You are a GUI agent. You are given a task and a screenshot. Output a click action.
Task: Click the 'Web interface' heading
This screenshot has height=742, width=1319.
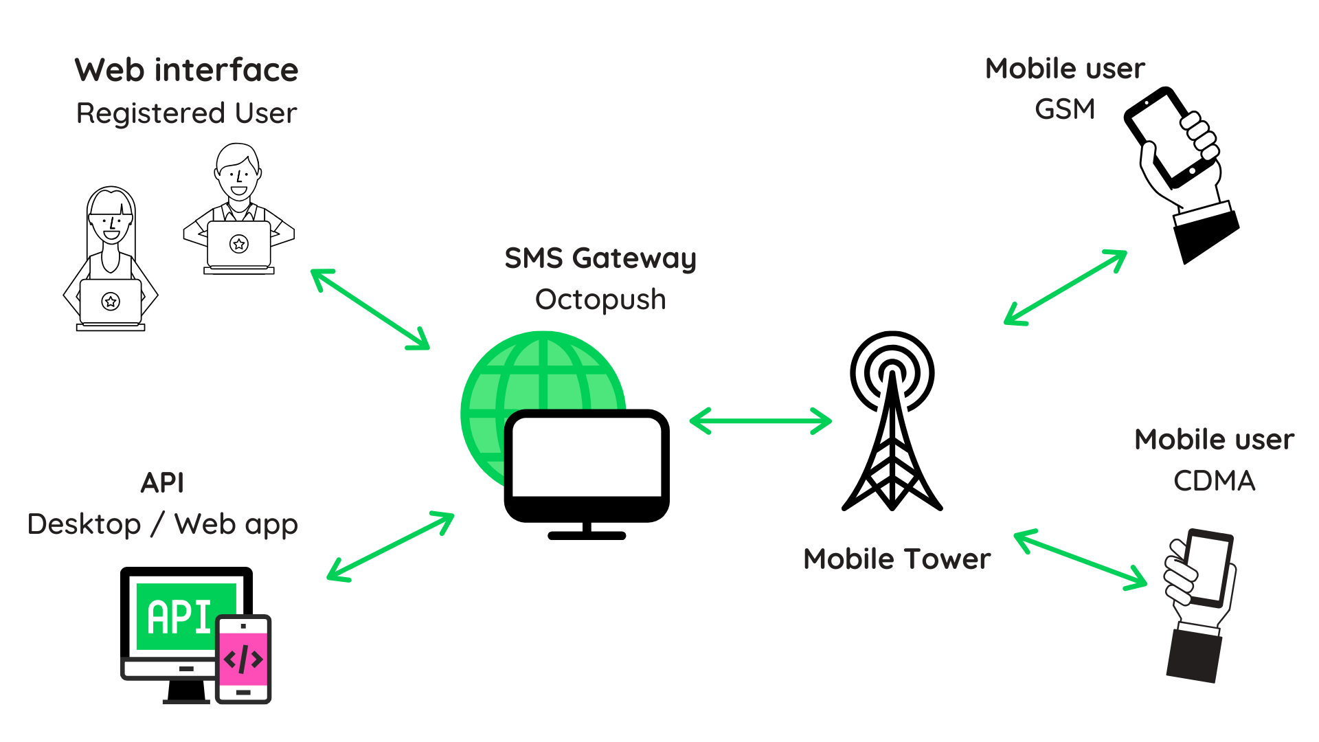pyautogui.click(x=186, y=70)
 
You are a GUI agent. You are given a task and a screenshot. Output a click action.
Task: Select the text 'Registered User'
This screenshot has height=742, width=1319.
pyautogui.click(x=186, y=113)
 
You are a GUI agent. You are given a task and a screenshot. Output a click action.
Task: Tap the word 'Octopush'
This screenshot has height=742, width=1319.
pyautogui.click(x=600, y=300)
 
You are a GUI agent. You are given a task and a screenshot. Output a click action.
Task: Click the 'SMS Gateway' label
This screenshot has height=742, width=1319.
pyautogui.click(x=600, y=258)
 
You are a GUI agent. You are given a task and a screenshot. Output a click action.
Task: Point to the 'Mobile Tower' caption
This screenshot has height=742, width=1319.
pyautogui.click(x=897, y=559)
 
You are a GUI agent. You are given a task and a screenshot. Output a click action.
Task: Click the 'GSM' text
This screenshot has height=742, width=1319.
pyautogui.click(x=1065, y=109)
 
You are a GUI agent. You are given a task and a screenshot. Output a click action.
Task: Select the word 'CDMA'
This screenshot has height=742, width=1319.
pyautogui.click(x=1214, y=481)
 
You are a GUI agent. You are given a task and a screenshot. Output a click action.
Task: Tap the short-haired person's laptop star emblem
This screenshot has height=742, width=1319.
pyautogui.click(x=239, y=244)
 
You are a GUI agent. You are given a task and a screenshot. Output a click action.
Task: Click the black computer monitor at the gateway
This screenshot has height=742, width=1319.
pyautogui.click(x=587, y=457)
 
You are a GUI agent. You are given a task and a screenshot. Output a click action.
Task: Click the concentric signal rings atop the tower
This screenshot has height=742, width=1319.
pyautogui.click(x=892, y=371)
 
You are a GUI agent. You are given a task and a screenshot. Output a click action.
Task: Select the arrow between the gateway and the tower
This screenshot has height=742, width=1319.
pyautogui.click(x=760, y=421)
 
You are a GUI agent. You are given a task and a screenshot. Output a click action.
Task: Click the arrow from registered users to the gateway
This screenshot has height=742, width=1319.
pyautogui.click(x=370, y=310)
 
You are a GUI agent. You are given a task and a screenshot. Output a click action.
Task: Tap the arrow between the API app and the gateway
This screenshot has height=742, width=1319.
pyautogui.click(x=390, y=547)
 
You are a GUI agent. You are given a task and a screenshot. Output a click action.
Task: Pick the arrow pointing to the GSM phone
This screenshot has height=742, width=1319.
pyautogui.click(x=1066, y=287)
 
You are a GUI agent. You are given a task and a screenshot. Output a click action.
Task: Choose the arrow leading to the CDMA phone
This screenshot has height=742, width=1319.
pyautogui.click(x=1081, y=559)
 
